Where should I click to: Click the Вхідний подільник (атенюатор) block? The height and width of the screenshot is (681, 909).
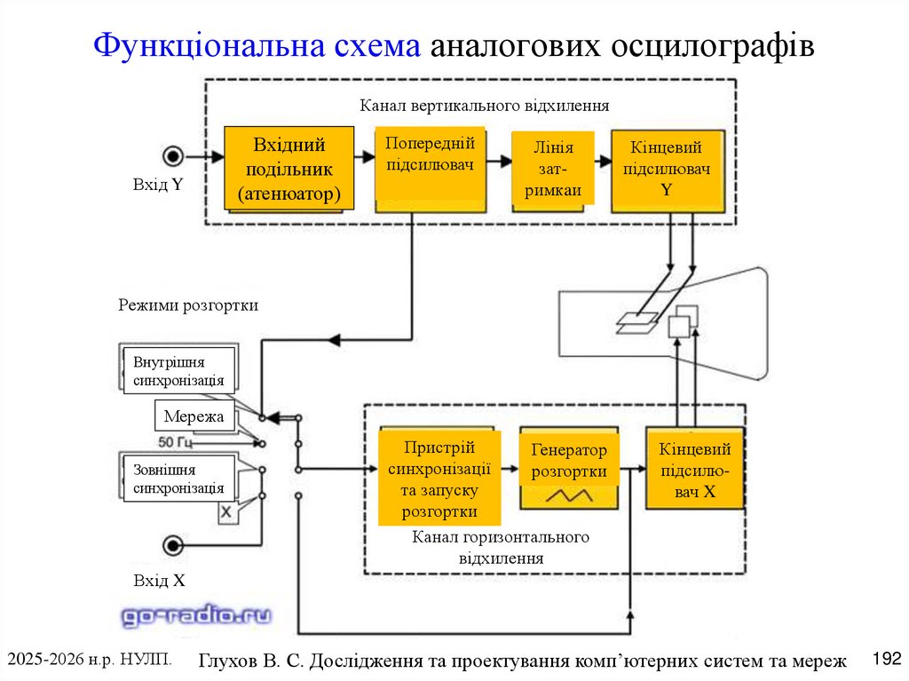289,169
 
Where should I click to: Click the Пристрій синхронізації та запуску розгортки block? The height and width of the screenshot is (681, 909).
439,479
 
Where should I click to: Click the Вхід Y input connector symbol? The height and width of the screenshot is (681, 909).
172,155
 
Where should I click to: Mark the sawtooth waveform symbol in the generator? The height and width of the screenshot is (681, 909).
569,496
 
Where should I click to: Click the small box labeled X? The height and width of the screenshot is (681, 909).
226,512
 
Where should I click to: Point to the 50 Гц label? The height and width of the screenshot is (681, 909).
175,441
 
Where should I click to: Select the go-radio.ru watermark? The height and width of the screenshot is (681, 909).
196,614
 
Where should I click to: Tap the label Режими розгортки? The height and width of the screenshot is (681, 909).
188,305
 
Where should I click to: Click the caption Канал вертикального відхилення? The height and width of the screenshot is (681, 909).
484,106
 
